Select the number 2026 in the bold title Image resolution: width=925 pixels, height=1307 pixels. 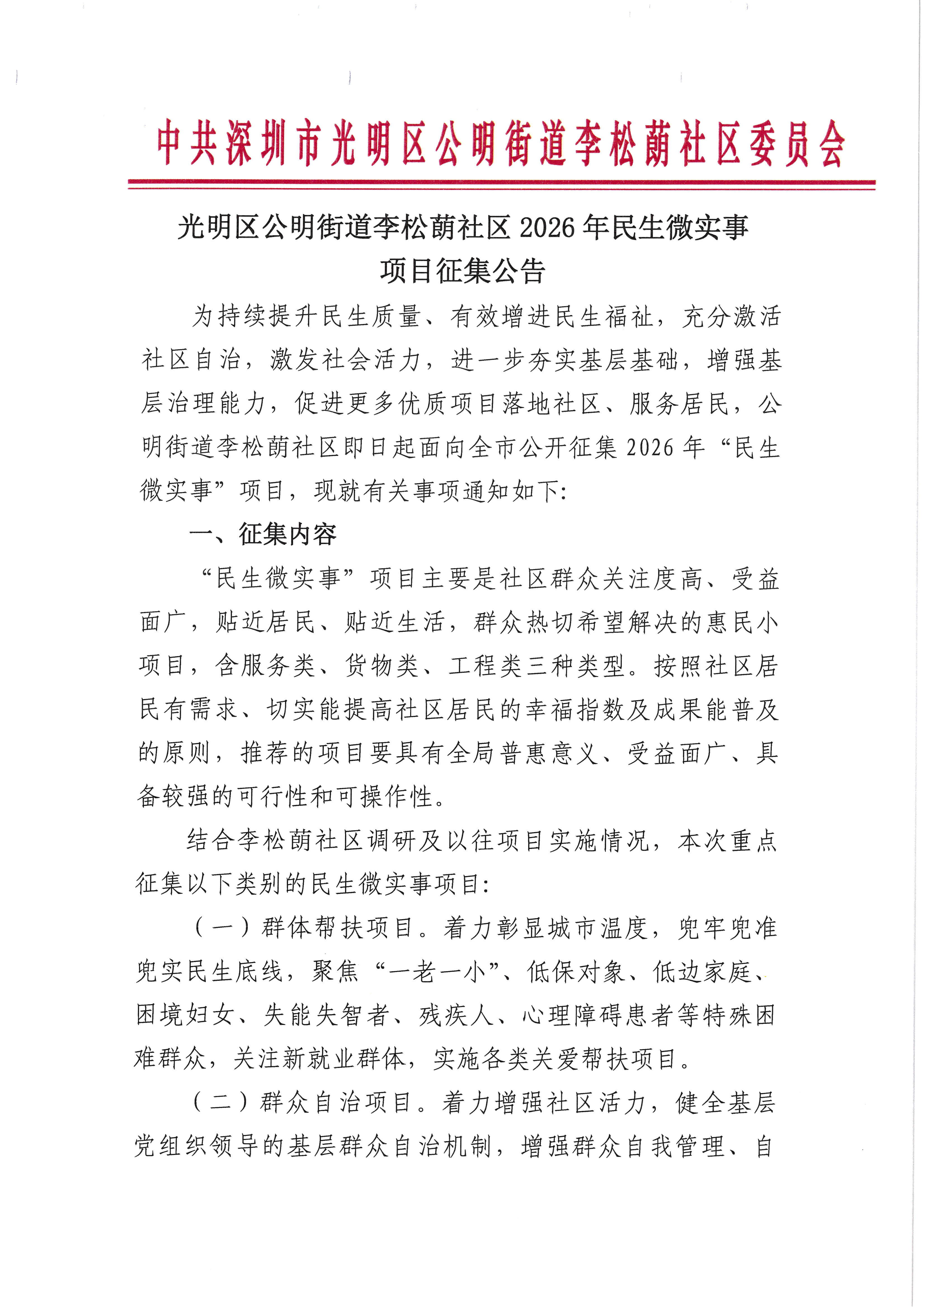(x=547, y=228)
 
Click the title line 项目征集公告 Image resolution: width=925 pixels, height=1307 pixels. (x=463, y=271)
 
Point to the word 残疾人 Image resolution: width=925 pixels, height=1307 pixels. (x=456, y=1015)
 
